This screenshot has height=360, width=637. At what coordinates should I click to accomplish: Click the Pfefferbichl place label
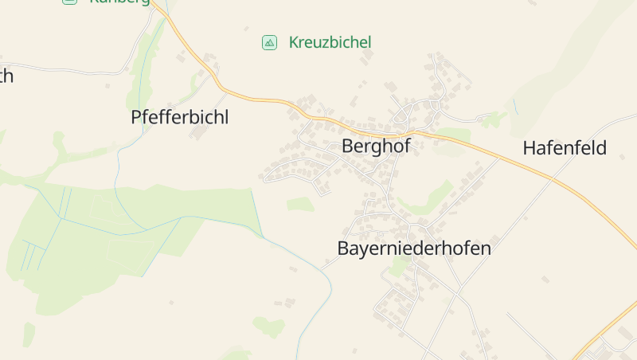point(179,118)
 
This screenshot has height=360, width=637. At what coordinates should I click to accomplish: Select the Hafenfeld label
point(565,148)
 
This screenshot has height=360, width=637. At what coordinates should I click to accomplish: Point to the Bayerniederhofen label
point(414,248)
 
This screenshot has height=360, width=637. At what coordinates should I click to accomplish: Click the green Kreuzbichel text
point(330,42)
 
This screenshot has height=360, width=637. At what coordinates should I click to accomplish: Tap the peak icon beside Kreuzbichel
point(270,42)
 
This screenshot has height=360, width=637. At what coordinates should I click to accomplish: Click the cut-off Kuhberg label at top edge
point(119,2)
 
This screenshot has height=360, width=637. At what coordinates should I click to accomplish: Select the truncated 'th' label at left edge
point(6,76)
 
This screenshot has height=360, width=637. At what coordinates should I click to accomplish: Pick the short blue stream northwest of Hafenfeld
point(515,106)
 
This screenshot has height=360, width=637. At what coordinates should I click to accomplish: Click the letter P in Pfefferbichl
point(136,118)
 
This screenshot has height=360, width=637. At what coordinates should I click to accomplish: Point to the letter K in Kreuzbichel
point(294,42)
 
